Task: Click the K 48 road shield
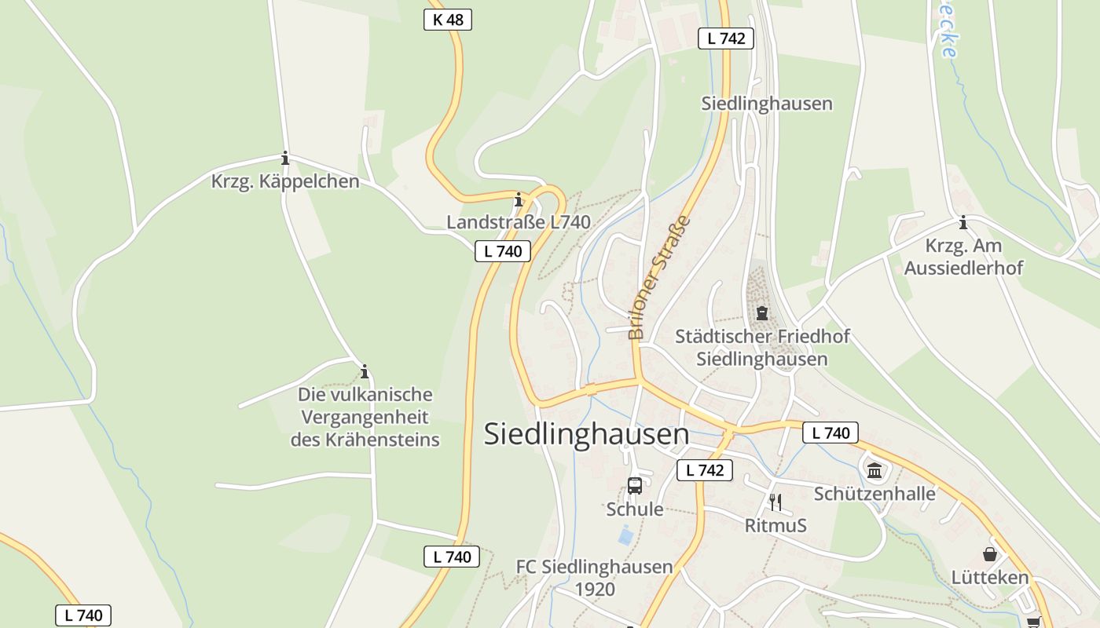coord(448,20)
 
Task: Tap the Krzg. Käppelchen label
coord(285,181)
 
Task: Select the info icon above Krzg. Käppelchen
coord(285,159)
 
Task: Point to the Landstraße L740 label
coord(519,222)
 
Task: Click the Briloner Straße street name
coord(659,277)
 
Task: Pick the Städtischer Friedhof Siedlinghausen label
coord(762,348)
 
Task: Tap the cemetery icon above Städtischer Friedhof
coord(761,313)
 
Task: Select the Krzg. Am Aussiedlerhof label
coord(963,257)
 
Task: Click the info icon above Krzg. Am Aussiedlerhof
coord(963,223)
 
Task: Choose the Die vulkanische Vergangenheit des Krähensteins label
coord(365,417)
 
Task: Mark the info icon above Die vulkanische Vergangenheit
coord(364,371)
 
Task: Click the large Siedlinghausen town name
coord(586,434)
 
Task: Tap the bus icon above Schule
coord(635,486)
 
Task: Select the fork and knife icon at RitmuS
coord(775,502)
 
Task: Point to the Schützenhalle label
coord(874,494)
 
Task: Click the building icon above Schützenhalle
coord(874,470)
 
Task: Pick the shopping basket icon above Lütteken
coord(989,554)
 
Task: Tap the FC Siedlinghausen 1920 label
coord(595,578)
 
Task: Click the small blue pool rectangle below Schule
coord(625,537)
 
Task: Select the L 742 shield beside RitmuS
coord(705,470)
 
